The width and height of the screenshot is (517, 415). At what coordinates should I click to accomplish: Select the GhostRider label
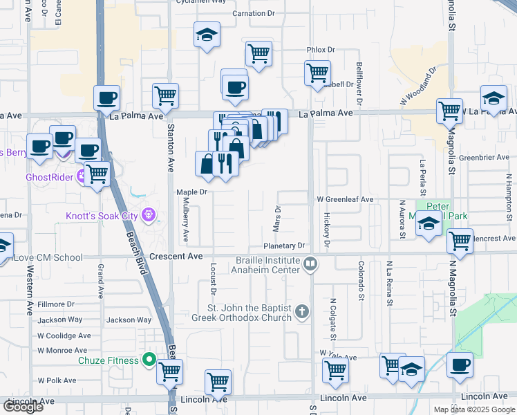[49, 176]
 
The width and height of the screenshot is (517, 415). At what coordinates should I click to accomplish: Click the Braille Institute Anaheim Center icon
[311, 264]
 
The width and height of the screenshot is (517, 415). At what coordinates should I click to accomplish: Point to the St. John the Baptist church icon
[302, 312]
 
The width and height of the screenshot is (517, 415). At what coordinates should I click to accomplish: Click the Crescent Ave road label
[177, 257]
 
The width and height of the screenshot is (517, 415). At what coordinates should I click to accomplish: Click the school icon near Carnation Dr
[206, 35]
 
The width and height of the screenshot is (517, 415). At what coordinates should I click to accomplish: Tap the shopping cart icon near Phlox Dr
[258, 53]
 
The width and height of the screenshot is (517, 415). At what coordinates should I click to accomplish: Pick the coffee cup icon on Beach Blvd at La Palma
[107, 98]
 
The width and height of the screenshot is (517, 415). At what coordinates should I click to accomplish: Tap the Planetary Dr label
[284, 246]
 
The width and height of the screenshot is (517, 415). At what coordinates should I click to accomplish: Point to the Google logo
[23, 407]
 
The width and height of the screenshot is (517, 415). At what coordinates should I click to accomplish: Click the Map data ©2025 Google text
[473, 409]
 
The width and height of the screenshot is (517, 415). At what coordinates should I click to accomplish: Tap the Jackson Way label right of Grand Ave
[129, 320]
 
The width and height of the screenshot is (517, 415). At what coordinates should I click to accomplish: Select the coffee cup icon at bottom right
[459, 365]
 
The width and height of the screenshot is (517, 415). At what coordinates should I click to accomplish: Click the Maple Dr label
[192, 192]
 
